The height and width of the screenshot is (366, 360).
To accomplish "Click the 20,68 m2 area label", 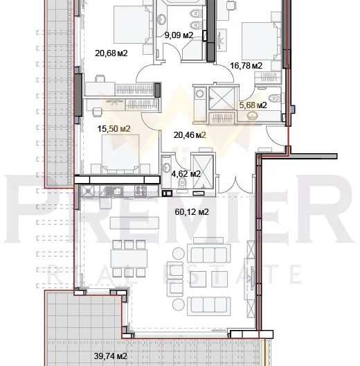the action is [111, 53].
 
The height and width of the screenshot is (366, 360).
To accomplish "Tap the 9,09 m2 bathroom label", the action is [179, 35].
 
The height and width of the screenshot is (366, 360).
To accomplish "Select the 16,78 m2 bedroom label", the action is [246, 66].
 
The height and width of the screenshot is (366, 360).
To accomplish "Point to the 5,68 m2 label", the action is [253, 105].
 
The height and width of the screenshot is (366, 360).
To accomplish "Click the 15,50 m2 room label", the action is [114, 129].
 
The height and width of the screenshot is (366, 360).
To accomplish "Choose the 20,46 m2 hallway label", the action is [190, 135].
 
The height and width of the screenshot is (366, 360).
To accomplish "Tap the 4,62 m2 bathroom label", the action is [186, 174].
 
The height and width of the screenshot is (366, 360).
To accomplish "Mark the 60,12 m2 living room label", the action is [192, 212].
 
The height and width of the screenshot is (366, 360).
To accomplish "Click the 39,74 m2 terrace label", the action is [111, 356].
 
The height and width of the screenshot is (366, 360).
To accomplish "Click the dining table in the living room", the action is [129, 259].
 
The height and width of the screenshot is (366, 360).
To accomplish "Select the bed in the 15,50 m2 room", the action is [120, 154].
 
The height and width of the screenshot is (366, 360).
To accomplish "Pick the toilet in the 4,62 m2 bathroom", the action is [182, 183].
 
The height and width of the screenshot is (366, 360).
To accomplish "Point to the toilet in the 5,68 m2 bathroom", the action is [275, 97].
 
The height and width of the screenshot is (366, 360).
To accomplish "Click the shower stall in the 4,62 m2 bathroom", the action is [203, 171].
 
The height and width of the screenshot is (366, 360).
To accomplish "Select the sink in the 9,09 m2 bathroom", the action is [161, 19].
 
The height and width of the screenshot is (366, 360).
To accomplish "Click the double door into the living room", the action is [235, 184].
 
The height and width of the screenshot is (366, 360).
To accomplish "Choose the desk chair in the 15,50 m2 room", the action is [97, 112].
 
